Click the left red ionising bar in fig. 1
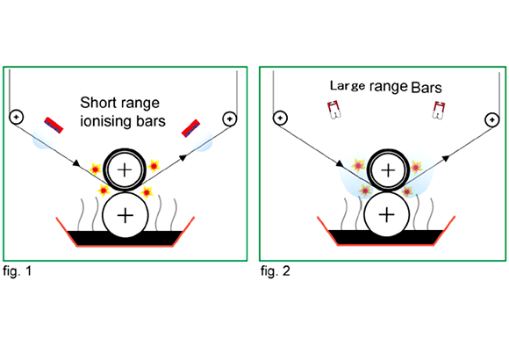pyautogui.click(x=54, y=125)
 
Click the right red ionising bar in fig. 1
pyautogui.click(x=191, y=128)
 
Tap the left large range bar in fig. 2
pyautogui.click(x=334, y=110)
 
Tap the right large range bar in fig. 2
pyautogui.click(x=439, y=110)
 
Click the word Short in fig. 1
pyautogui.click(x=97, y=103)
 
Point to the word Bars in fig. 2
pyautogui.click(x=427, y=88)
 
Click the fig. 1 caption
pyautogui.click(x=18, y=271)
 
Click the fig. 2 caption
pyautogui.click(x=276, y=271)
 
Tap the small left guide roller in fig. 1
pyautogui.click(x=16, y=117)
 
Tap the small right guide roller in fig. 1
pyautogui.click(x=230, y=119)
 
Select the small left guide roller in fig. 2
pyautogui.click(x=280, y=118)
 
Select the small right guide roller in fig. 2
pyautogui.click(x=492, y=120)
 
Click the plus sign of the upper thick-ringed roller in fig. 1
pyautogui.click(x=125, y=170)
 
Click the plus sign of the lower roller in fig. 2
pyautogui.click(x=387, y=215)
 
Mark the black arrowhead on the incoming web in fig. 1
pyautogui.click(x=76, y=163)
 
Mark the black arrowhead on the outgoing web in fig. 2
pyautogui.click(x=446, y=158)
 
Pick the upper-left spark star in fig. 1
pyautogui.click(x=95, y=169)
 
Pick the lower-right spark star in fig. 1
pyautogui.click(x=147, y=192)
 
